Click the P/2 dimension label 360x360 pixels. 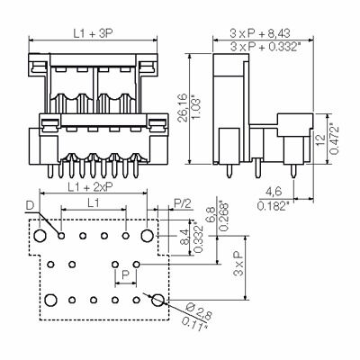tap(183, 204)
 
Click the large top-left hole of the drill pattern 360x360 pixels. tap(40, 237)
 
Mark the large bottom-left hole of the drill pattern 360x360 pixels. tap(52, 299)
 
